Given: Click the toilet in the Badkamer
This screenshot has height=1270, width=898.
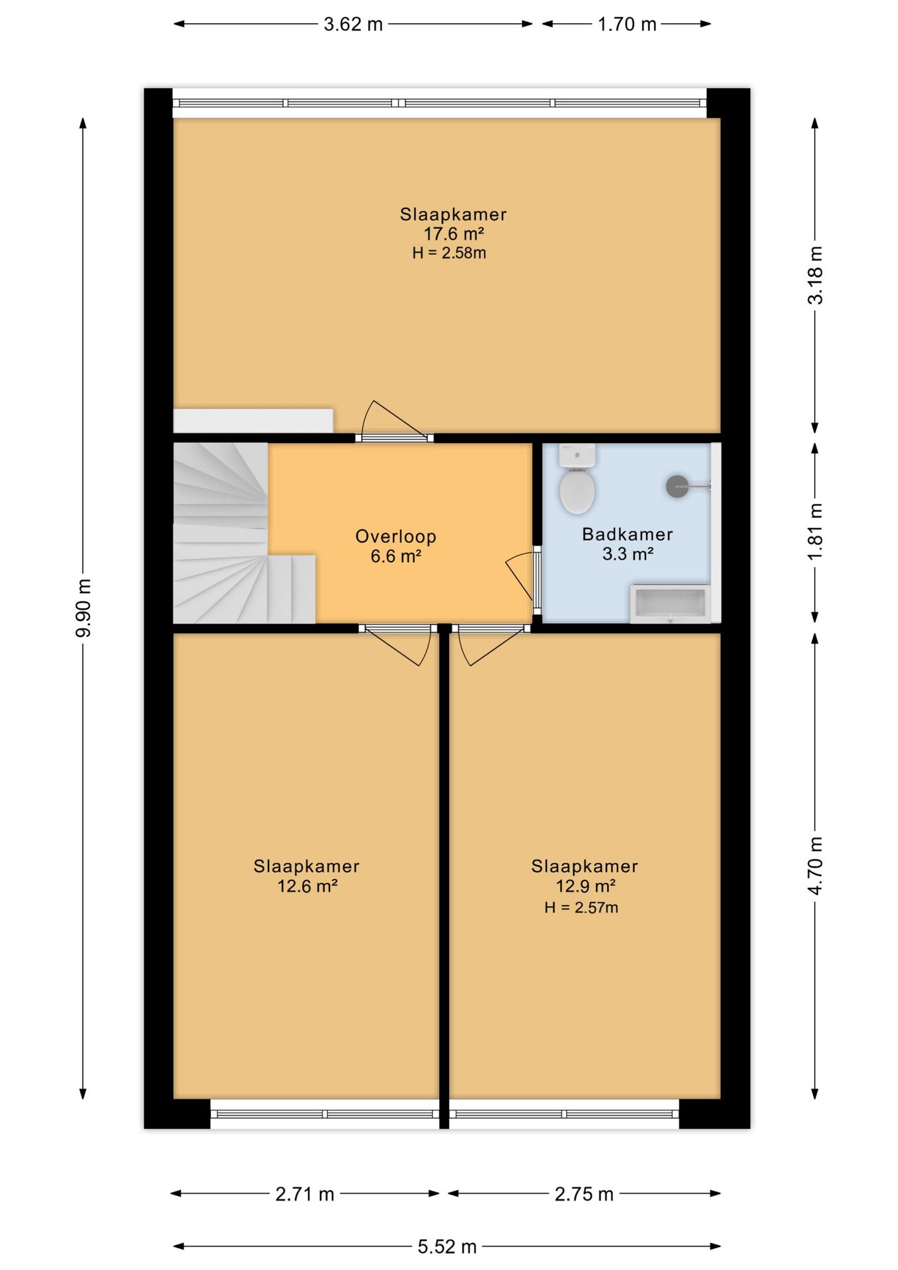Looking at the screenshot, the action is coord(577,479).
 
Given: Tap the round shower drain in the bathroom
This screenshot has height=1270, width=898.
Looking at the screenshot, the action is coord(676,487).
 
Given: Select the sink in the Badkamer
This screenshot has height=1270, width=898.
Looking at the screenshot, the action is coord(670,603).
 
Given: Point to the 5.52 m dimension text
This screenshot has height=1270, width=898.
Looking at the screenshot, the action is coord(447,1247).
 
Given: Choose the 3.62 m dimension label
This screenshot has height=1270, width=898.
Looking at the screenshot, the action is coord(353,24).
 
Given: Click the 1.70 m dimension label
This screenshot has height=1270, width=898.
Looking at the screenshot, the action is coord(627,24).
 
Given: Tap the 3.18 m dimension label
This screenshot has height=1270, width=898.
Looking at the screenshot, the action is coord(815,275).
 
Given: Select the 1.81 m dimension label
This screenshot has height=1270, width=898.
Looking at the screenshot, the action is coord(815,531).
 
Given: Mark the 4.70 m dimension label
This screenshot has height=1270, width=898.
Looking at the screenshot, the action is coord(815,866).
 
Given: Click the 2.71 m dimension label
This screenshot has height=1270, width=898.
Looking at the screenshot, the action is coord(305,1194).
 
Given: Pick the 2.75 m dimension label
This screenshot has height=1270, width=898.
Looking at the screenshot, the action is coord(584,1194).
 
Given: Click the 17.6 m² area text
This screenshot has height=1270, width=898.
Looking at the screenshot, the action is coord(454,233).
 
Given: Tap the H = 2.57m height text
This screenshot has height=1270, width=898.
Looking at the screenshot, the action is coord(581,908).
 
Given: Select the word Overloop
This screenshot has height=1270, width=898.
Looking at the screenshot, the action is coord(395,536).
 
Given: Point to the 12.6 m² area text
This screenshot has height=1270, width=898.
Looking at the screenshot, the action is coord(307,886).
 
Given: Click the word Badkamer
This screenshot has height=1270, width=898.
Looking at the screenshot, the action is coord(628,534).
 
